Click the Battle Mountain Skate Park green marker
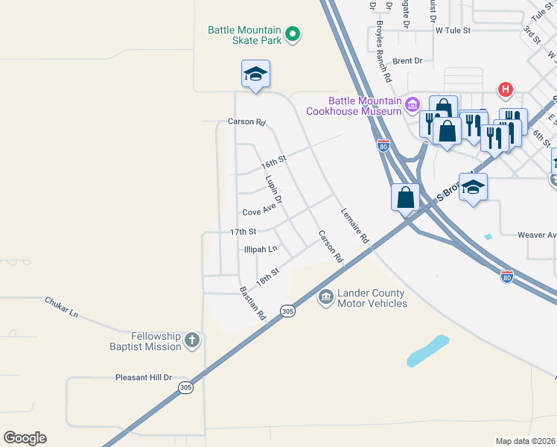(x=293, y=33)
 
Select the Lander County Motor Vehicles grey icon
(x=325, y=298)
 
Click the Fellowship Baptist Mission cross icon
(x=192, y=341)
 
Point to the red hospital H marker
(x=506, y=90)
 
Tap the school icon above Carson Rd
(x=255, y=74)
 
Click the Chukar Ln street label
(x=62, y=307)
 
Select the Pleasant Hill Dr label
(x=144, y=378)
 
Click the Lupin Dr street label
(x=273, y=189)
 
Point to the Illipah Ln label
(x=261, y=249)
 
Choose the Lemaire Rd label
(x=355, y=226)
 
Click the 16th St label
(x=273, y=162)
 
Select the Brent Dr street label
(x=407, y=61)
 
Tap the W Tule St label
(x=453, y=31)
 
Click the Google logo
(x=25, y=438)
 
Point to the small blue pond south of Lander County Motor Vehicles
(x=427, y=351)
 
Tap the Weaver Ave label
(x=536, y=235)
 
